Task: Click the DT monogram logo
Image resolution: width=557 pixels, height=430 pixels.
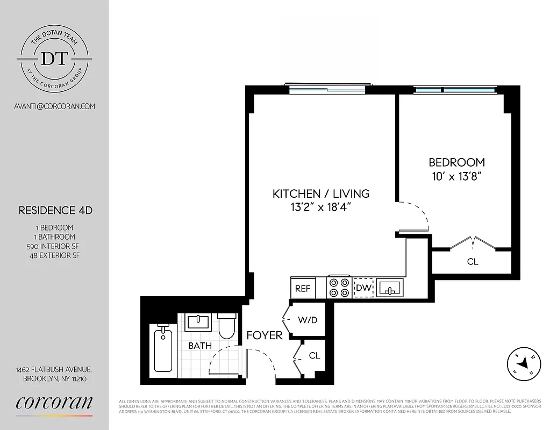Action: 54,58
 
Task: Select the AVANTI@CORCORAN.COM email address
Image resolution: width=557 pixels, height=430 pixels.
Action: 54,106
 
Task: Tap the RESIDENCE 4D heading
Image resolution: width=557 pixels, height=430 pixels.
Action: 55,210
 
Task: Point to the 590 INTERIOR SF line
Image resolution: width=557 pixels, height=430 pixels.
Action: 53,246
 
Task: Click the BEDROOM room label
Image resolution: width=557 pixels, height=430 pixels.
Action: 456,162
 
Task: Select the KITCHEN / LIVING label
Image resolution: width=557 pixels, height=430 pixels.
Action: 320,193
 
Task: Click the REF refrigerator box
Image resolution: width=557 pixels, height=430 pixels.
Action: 303,288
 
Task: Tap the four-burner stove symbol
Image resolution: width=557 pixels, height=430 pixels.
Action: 339,287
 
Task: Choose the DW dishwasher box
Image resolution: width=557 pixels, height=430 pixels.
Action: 363,288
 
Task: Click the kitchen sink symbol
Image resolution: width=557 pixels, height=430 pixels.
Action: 390,288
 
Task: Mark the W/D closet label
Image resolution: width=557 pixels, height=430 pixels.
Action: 308,320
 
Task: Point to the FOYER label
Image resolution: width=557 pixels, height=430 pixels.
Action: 265,335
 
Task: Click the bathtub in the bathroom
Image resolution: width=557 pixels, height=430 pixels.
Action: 163,350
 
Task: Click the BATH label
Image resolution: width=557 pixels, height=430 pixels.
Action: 199,346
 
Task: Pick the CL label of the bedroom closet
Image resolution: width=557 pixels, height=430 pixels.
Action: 473,262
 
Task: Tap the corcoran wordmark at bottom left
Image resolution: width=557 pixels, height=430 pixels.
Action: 54,403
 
